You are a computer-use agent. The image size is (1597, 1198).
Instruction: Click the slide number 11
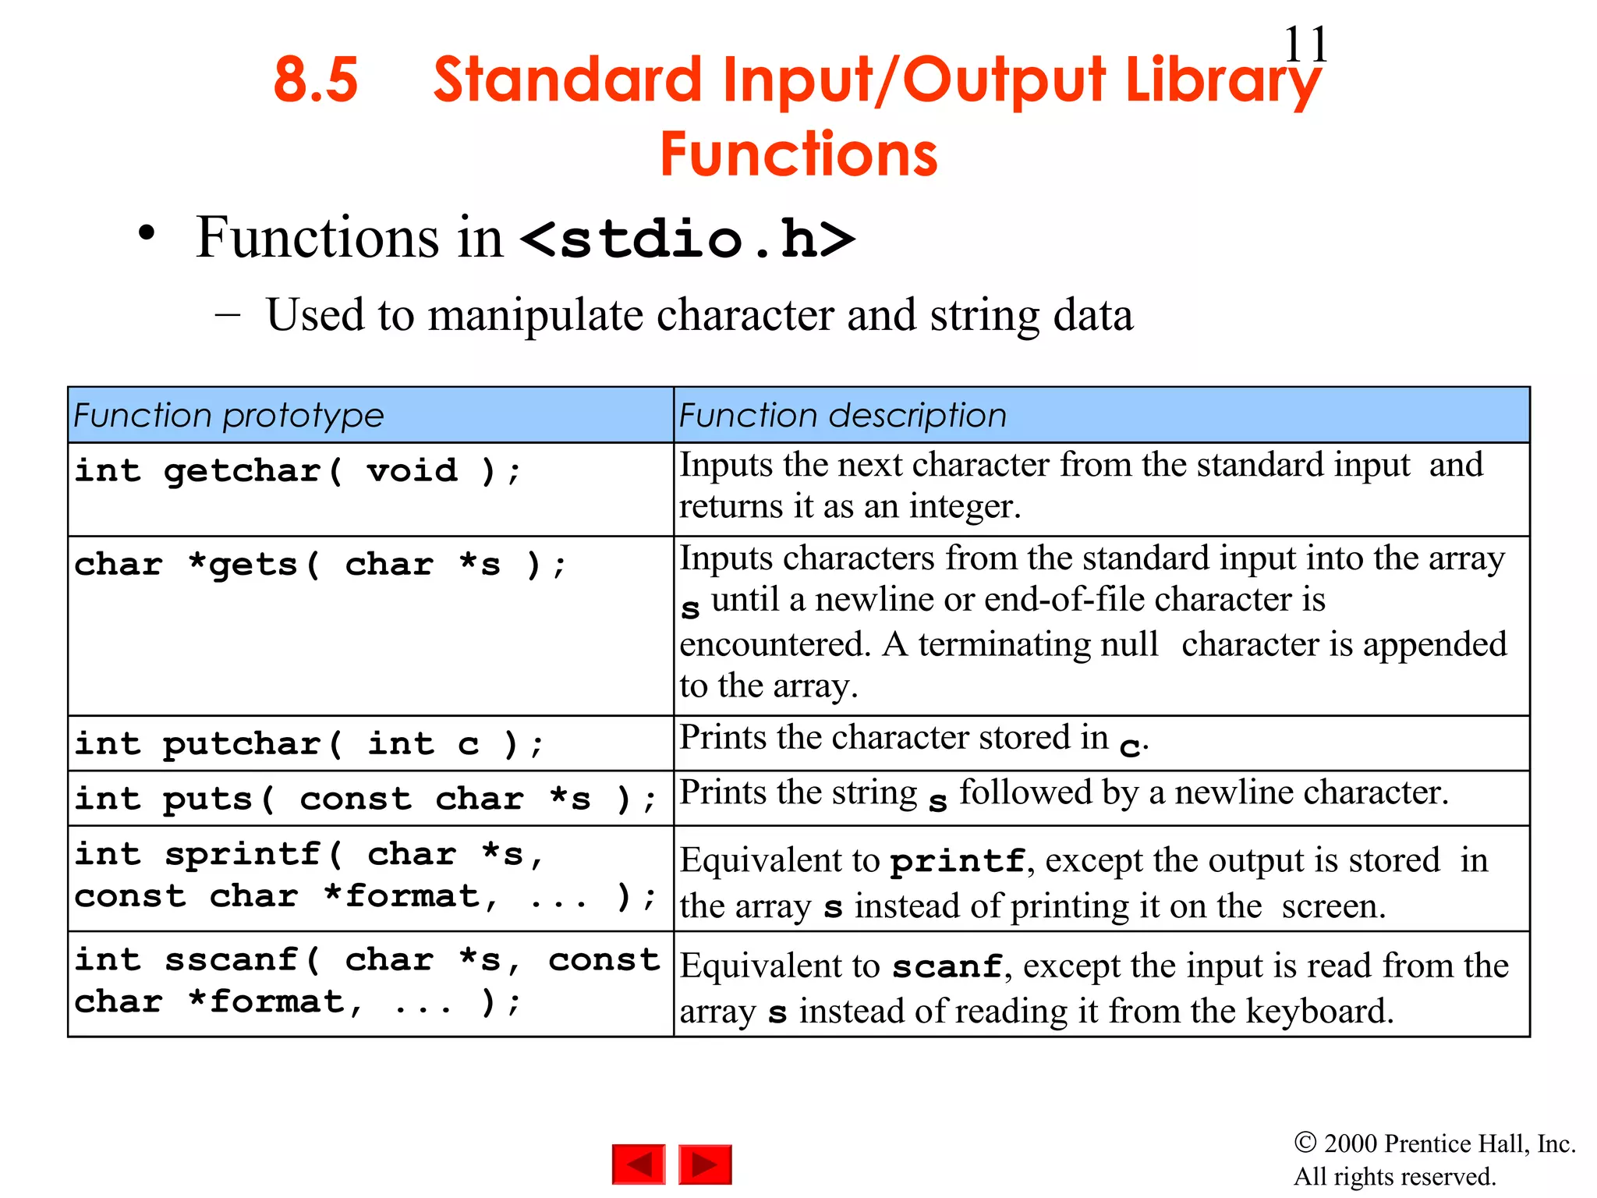[1305, 44]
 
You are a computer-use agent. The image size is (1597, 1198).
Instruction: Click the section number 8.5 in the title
[316, 80]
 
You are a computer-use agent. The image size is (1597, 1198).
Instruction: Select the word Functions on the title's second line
[798, 154]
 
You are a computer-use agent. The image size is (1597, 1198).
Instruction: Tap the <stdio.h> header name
[688, 239]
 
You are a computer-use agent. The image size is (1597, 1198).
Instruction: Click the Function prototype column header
[228, 416]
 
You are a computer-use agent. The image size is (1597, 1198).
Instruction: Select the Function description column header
[842, 416]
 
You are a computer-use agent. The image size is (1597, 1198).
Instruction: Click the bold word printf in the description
[958, 861]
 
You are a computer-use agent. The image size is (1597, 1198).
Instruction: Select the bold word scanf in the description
[947, 967]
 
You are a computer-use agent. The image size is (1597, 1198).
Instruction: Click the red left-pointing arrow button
[639, 1164]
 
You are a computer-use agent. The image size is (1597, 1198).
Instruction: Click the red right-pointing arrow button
[705, 1164]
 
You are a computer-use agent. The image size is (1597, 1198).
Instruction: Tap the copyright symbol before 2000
[1305, 1143]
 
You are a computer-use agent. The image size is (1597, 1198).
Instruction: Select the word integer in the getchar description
[965, 507]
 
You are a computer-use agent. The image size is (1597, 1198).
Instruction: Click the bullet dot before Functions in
[147, 233]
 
